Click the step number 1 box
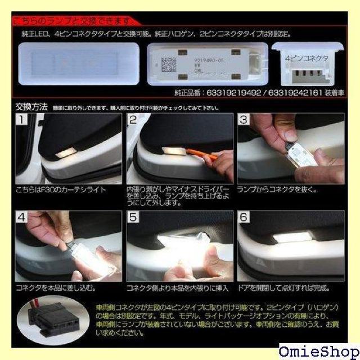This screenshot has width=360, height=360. pos(21,120)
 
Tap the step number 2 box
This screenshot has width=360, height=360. pos(133,120)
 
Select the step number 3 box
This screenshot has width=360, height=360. pos(244,120)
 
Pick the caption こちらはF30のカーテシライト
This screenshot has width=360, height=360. pos(60,190)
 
